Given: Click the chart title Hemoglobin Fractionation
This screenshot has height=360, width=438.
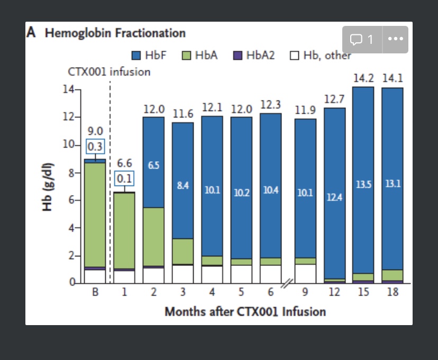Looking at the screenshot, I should [115, 33].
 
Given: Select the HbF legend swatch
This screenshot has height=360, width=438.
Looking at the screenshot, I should [136, 55].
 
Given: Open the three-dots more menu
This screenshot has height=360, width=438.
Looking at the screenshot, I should [395, 40].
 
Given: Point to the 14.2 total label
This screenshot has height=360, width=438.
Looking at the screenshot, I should [363, 78].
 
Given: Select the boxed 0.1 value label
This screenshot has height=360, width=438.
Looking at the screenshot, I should [124, 178].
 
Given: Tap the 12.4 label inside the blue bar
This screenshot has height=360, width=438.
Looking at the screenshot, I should [335, 197].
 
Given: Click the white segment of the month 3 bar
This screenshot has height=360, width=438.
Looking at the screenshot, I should [182, 273].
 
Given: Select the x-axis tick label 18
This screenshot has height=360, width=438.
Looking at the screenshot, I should [392, 292].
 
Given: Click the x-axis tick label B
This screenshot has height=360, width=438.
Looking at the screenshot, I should [95, 292].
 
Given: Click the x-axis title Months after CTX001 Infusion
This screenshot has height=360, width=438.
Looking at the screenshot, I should [245, 311].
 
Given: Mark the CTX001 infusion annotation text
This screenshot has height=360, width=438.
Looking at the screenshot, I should [109, 72].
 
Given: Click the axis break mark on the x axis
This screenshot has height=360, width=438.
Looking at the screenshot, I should [286, 284].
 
